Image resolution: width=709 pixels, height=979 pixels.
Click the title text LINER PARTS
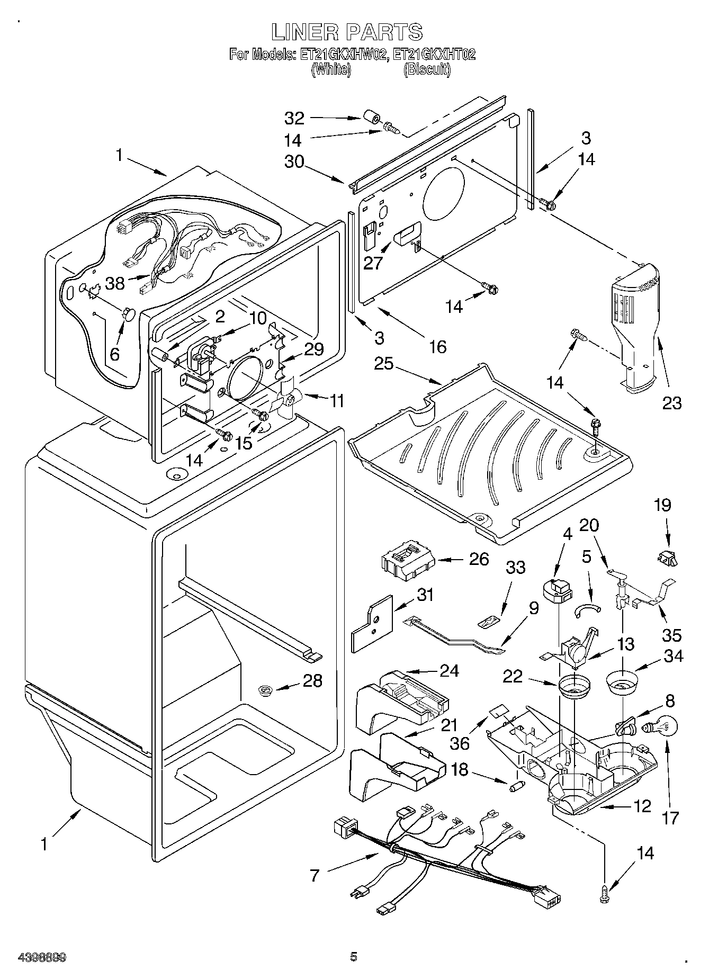[347, 32]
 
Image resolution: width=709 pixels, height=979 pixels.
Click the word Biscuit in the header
[427, 70]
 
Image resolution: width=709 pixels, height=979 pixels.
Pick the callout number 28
[312, 680]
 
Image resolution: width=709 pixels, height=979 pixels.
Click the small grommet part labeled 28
[265, 689]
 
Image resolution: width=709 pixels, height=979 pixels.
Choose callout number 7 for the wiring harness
[315, 875]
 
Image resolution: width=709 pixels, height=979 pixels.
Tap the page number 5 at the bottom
[354, 956]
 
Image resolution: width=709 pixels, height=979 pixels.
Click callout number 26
[479, 559]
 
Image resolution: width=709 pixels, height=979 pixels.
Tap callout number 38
[115, 284]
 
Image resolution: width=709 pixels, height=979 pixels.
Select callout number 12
[642, 806]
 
